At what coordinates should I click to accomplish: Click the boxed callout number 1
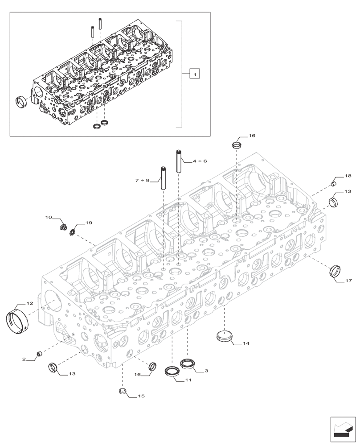(194, 74)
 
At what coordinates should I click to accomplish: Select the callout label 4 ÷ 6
(200, 161)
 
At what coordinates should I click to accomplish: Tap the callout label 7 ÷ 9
(143, 181)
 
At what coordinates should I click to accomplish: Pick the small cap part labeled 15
(123, 392)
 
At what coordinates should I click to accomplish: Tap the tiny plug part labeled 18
(333, 182)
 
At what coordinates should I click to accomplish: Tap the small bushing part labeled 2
(39, 354)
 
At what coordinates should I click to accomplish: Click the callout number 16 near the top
(252, 135)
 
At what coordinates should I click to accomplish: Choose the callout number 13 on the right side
(347, 191)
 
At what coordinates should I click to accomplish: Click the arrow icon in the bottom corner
(343, 429)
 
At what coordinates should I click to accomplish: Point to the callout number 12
(29, 303)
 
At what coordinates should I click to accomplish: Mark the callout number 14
(246, 343)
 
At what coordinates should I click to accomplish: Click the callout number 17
(348, 281)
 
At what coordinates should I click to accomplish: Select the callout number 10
(49, 217)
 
